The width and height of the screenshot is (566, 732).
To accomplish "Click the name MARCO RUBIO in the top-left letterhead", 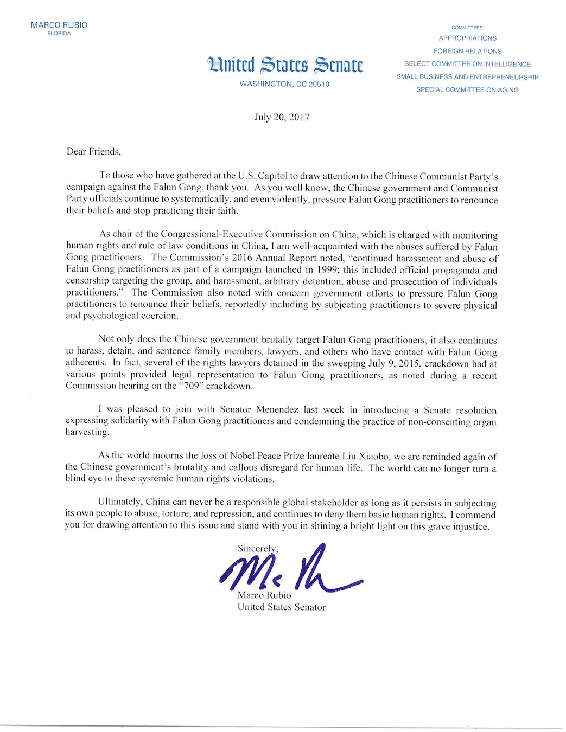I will (x=59, y=25).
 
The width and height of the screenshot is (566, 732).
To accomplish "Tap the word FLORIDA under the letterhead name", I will (x=59, y=34).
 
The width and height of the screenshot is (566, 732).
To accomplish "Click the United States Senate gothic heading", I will (x=285, y=65).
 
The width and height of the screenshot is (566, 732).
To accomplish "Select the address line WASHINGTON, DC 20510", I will (x=284, y=84).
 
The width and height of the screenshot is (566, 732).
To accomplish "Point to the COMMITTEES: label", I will (x=467, y=28).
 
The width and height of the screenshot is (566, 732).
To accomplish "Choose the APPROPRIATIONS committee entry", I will (x=467, y=38).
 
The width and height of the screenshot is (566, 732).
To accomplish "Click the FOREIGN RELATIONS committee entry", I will (x=467, y=51).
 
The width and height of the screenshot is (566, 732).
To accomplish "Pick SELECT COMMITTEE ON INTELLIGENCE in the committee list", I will (x=467, y=64).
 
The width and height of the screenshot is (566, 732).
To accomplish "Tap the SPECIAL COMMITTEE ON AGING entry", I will (x=467, y=90).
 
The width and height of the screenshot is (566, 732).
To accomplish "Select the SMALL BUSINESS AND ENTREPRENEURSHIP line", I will (x=467, y=77).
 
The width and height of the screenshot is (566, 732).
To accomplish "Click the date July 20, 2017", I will (x=282, y=117).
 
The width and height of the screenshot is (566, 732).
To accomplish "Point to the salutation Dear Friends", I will (x=93, y=152).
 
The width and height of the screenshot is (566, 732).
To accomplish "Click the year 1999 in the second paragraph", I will (x=323, y=270).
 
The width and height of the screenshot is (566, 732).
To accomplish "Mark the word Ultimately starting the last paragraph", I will (x=119, y=503).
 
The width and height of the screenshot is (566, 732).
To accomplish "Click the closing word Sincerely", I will (x=258, y=549).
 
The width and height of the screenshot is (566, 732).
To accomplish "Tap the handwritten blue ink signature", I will (x=288, y=569).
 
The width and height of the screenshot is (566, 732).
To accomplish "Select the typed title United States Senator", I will (x=281, y=607).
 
